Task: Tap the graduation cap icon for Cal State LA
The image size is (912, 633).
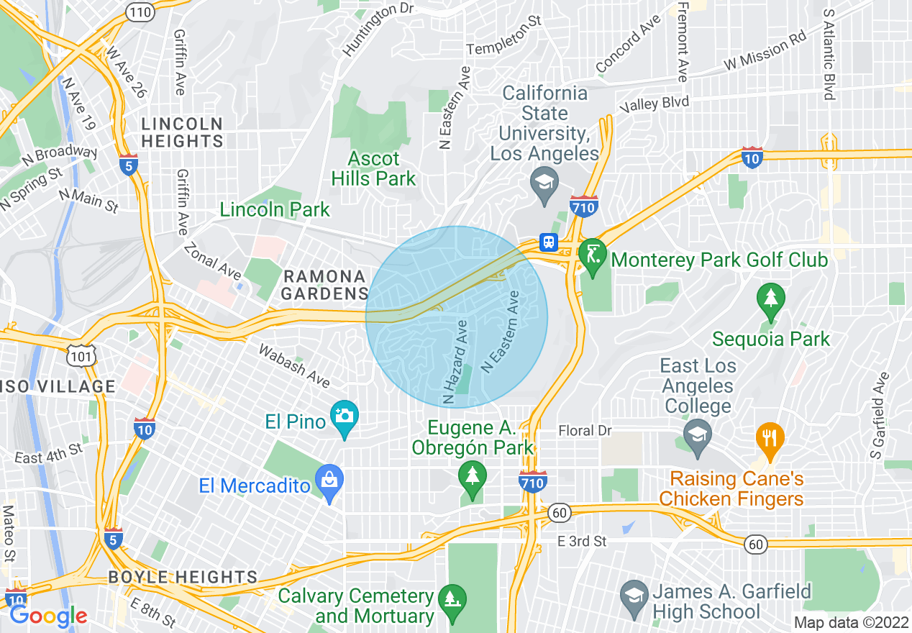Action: (544, 183)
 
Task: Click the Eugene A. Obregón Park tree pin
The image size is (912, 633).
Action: (473, 478)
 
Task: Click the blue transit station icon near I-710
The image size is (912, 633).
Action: (549, 242)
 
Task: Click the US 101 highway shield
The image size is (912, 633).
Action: (77, 355)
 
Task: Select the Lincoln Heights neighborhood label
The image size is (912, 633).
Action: (182, 132)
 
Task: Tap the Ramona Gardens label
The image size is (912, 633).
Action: (324, 285)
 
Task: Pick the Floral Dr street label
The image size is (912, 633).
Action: (585, 431)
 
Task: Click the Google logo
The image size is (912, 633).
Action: (47, 615)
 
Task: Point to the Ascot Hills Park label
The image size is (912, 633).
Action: (373, 168)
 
